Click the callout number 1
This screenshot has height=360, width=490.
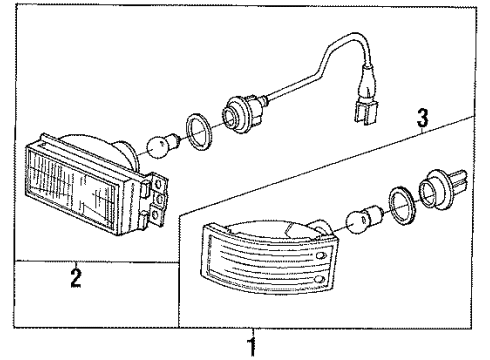coord(252,346)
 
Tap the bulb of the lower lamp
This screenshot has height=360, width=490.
coord(359,220)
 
